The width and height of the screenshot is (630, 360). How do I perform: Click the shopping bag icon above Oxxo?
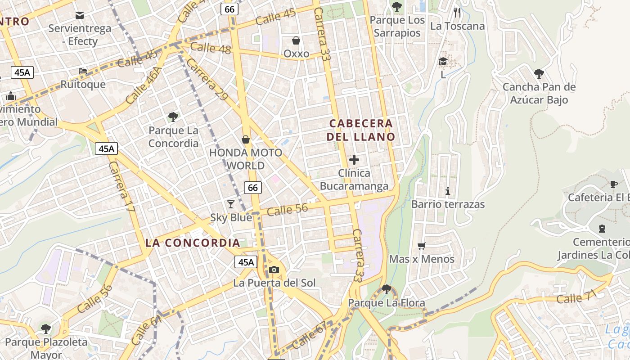[296, 41]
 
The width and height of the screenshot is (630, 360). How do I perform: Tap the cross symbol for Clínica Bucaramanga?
[354, 159]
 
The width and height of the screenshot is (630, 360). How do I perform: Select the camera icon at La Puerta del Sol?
[274, 270]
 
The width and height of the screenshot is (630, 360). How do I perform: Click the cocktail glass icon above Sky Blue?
[231, 204]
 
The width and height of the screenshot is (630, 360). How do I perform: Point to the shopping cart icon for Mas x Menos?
[422, 246]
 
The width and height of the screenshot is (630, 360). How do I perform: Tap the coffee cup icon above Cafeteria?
[614, 184]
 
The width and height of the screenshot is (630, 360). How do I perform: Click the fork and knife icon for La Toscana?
[457, 13]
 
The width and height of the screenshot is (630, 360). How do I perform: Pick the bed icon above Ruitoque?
[83, 71]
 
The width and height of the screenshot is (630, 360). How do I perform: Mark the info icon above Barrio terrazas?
[447, 191]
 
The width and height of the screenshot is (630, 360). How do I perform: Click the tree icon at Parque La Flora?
[386, 289]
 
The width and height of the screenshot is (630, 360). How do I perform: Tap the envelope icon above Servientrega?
[80, 15]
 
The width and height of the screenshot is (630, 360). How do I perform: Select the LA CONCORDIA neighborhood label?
[193, 243]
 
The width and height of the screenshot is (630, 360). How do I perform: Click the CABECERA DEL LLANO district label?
[361, 130]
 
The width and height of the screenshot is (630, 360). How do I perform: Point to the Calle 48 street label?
[211, 48]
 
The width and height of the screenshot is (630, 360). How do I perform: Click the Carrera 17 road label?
[121, 187]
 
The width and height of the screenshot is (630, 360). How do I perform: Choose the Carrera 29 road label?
[206, 79]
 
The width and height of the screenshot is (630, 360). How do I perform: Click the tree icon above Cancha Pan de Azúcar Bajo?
[539, 74]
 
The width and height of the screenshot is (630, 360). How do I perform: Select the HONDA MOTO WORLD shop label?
[246, 159]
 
